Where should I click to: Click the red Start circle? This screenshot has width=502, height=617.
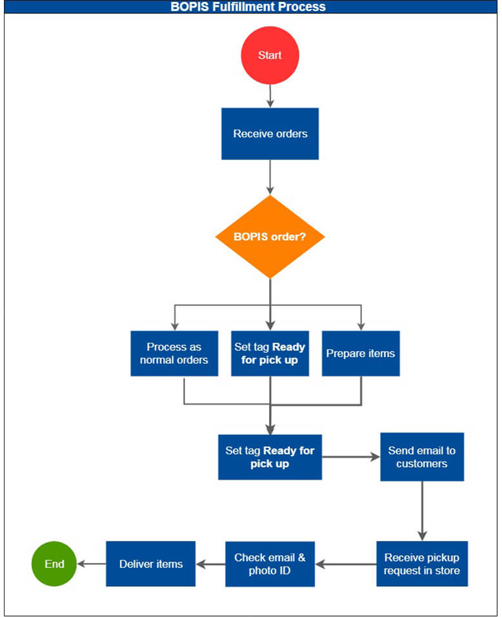pos(270,56)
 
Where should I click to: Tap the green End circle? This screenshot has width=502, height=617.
pos(54,563)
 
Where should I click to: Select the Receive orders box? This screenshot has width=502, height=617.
pos(270,134)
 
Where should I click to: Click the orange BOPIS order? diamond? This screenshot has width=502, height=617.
pos(270,237)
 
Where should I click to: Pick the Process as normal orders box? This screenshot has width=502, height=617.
pos(174,353)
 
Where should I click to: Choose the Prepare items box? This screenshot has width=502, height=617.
pos(361,353)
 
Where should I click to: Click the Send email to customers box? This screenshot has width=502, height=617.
pos(422,457)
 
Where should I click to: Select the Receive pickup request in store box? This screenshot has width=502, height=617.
pos(422,563)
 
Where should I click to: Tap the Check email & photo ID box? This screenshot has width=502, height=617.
pos(270,563)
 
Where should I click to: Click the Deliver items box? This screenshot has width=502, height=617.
pos(150,563)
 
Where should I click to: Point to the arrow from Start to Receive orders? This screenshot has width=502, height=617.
pos(270,96)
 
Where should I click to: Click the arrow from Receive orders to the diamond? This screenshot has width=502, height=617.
pos(270,177)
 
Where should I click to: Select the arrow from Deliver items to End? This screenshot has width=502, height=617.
pos(91,563)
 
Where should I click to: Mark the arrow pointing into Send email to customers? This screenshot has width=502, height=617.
pos(352,457)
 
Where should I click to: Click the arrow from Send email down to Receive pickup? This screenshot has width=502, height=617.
pos(422,511)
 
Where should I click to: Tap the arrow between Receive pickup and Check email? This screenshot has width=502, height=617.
pos(346,563)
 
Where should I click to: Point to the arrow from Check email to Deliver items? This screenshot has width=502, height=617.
pos(210,563)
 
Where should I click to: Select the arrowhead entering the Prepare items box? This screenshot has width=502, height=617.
pos(361,326)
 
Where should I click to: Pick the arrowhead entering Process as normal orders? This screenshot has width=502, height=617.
pos(174,326)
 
